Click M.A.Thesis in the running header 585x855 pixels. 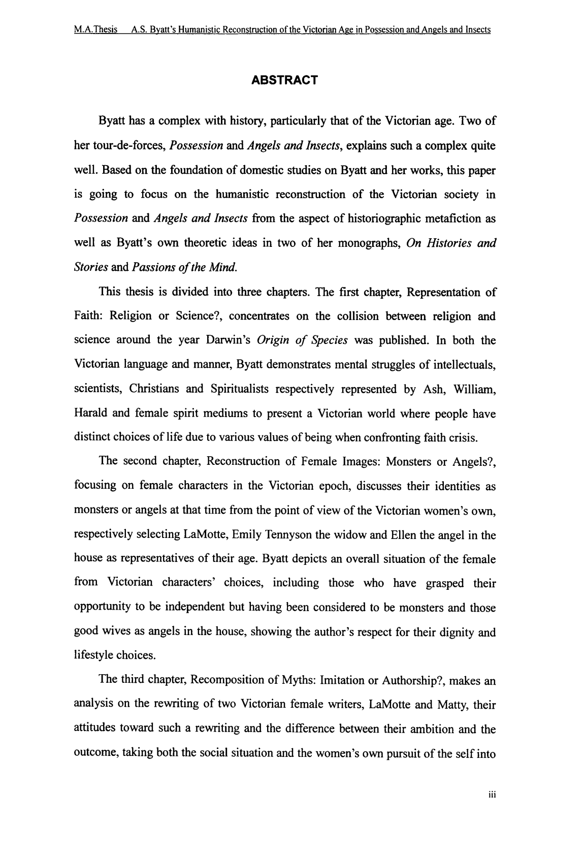pos(95,29)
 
